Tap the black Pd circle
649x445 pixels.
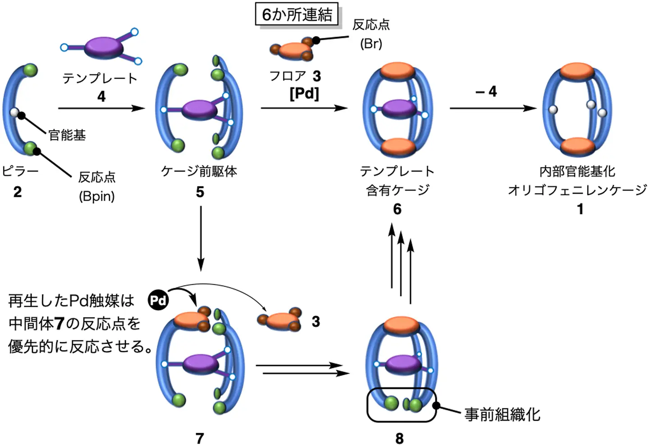158,300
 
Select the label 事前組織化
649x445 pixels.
502,414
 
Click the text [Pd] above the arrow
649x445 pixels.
304,94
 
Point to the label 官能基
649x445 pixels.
67,135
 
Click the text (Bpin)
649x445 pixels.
97,197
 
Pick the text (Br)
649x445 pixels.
371,44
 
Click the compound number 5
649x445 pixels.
200,192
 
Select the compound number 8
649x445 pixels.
399,438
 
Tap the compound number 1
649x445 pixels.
580,209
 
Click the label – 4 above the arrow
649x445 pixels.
486,92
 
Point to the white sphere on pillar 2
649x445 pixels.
14,112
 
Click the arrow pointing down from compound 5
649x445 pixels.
201,239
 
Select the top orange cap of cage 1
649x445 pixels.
578,72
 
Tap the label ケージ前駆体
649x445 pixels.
199,172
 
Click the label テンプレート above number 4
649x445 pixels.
100,78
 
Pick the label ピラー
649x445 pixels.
20,172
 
